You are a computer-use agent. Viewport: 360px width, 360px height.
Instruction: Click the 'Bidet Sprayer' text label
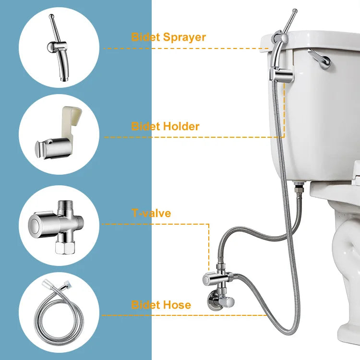pos(168,37)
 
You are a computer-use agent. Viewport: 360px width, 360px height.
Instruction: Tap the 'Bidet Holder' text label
pos(165,126)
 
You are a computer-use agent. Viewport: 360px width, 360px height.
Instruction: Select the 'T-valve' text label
pos(151,213)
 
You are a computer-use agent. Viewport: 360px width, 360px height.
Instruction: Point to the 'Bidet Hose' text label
pos(161,305)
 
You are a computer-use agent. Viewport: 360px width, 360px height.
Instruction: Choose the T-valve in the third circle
pos(57,226)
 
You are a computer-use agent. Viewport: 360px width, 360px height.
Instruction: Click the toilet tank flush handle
pos(320,59)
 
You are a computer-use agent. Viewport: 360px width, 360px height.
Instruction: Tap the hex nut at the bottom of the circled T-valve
pos(65,247)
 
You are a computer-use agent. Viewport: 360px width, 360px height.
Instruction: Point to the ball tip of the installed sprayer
pos(295,11)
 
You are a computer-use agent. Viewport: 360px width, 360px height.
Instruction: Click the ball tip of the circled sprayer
pos(51,16)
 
